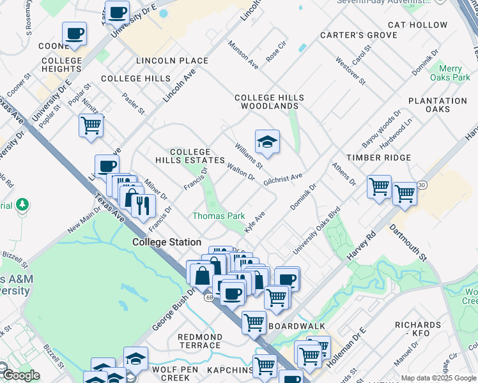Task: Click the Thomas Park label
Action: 219,216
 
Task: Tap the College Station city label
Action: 167,243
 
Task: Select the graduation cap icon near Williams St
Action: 267,142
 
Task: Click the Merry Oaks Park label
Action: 455,73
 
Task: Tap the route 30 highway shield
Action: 421,185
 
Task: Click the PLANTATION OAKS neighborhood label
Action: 438,105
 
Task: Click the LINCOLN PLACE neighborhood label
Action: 172,61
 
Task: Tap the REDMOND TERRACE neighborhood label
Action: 200,341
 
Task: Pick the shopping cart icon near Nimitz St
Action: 91,125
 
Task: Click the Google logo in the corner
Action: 20,375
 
